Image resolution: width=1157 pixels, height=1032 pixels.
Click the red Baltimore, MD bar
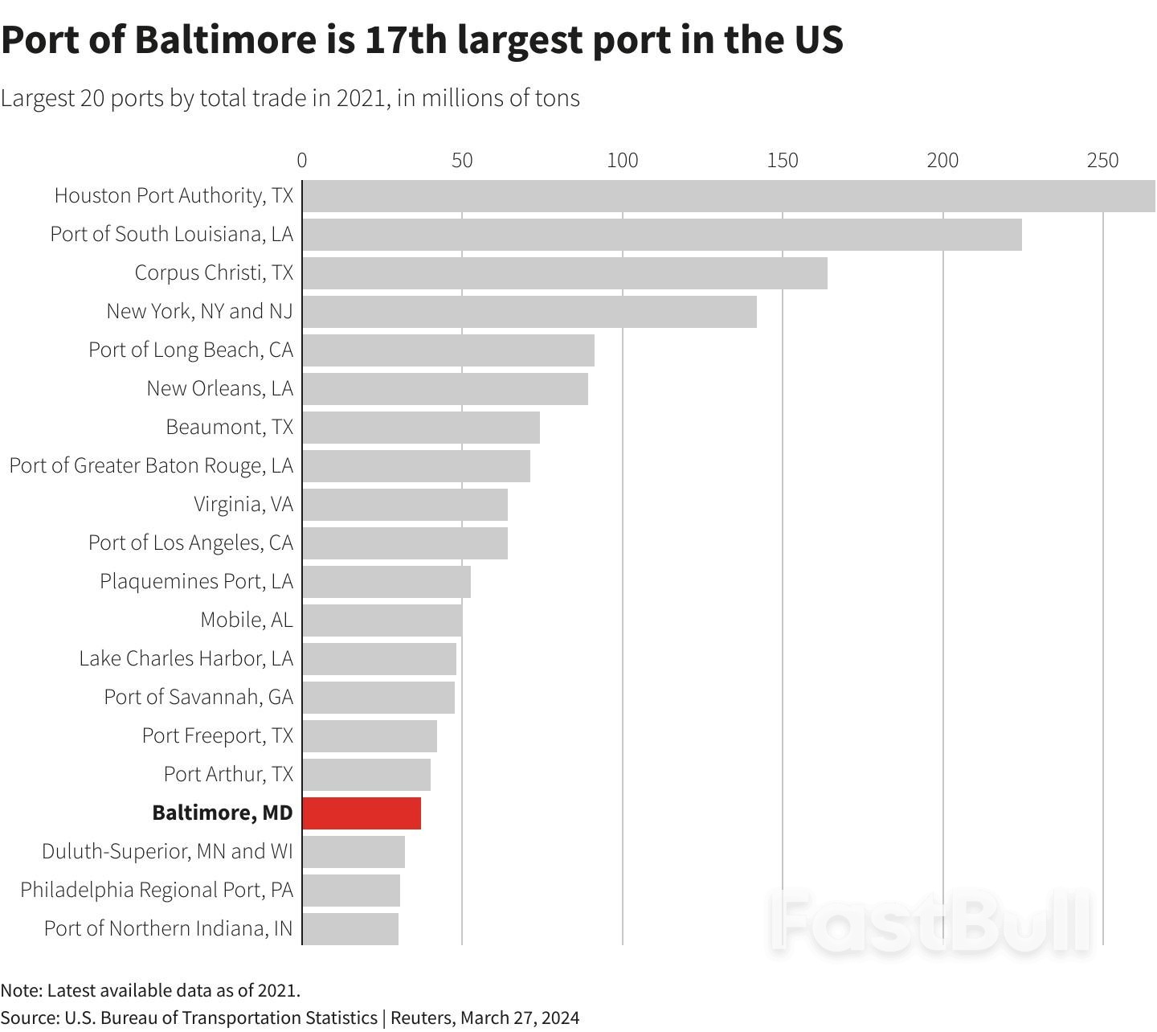point(362,813)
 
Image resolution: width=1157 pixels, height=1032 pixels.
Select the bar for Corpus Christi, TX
point(565,273)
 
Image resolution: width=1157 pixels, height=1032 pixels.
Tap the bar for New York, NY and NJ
point(529,312)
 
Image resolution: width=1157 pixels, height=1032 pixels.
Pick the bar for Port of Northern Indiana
point(350,929)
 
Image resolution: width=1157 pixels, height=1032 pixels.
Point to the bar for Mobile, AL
point(382,620)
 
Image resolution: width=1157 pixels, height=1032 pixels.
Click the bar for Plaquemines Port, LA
point(386,582)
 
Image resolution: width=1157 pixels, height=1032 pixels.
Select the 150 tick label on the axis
point(782,161)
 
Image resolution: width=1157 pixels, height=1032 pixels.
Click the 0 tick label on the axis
point(302,161)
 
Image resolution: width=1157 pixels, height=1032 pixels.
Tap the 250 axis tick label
point(1102,161)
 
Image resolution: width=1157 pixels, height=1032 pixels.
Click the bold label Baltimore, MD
point(223,813)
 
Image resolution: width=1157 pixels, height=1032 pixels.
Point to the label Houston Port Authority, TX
point(174,195)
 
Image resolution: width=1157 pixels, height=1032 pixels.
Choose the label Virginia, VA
point(243,504)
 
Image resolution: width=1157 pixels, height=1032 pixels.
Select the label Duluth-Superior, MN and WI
point(167,851)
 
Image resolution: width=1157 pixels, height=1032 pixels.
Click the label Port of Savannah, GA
point(198,697)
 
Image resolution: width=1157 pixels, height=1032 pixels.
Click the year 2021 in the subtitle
point(362,98)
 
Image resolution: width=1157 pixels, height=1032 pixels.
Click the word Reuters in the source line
point(422,1018)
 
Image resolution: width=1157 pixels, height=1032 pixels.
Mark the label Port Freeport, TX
point(218,735)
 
